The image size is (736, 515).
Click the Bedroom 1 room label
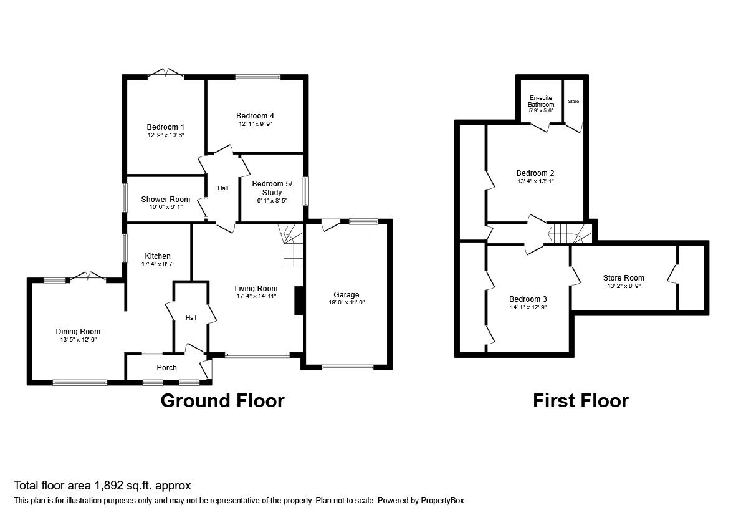tap(165, 127)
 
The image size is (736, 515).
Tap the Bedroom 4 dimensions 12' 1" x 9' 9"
tap(256, 124)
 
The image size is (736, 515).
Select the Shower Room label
tap(166, 200)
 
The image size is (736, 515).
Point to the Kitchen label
tap(158, 256)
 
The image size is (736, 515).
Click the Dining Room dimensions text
tap(78, 339)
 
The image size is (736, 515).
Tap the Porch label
tap(166, 368)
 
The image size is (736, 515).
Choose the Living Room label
tap(256, 289)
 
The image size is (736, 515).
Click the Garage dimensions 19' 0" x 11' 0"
tap(346, 302)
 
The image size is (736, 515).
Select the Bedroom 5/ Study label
tap(272, 188)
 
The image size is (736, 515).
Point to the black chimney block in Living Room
tap(299, 301)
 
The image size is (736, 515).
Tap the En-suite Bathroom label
tap(541, 101)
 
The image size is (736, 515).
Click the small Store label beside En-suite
tap(573, 102)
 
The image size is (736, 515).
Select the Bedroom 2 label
tap(535, 173)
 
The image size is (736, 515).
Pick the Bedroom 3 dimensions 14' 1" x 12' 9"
tap(528, 307)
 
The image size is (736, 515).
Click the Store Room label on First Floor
tap(623, 278)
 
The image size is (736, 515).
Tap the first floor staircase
tap(570, 233)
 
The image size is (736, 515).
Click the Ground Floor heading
tap(222, 401)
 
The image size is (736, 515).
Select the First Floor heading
tap(581, 401)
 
